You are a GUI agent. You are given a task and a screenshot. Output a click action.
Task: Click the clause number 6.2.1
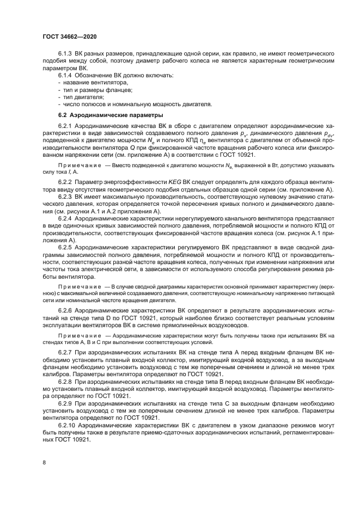click(x=66, y=126)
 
